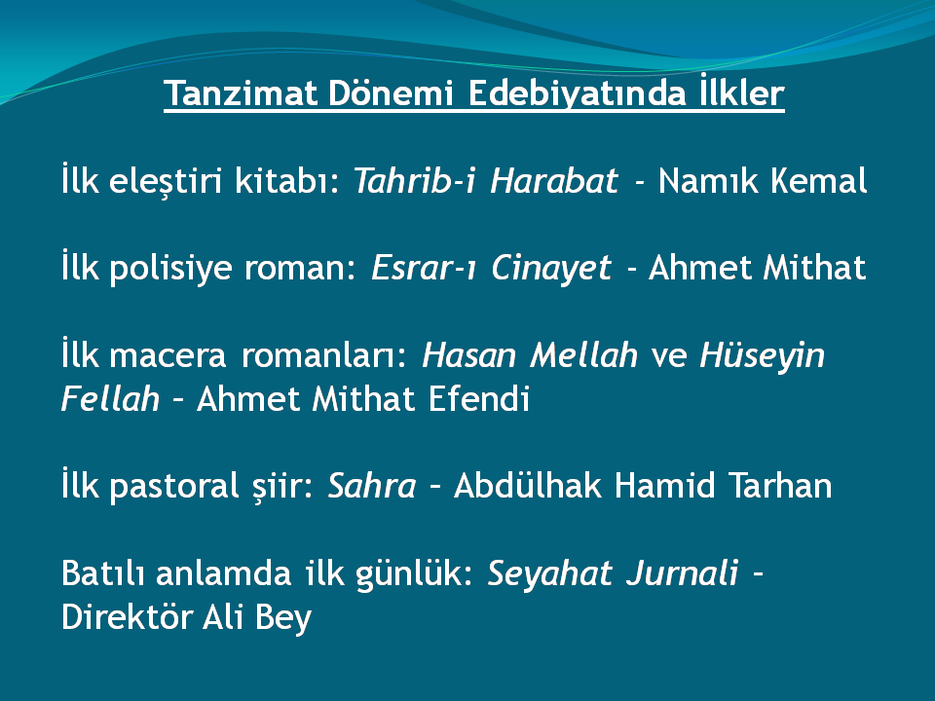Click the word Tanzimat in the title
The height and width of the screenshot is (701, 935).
(241, 93)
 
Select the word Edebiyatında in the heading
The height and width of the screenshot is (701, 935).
(577, 93)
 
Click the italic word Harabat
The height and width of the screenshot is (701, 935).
(554, 180)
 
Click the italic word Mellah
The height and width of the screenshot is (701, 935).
(583, 354)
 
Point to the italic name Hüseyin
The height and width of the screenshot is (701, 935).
(762, 355)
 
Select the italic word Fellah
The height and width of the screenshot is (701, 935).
(110, 398)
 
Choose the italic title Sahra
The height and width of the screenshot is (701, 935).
(372, 485)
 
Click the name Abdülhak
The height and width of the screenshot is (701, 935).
(528, 485)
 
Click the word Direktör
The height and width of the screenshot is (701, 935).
(127, 616)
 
